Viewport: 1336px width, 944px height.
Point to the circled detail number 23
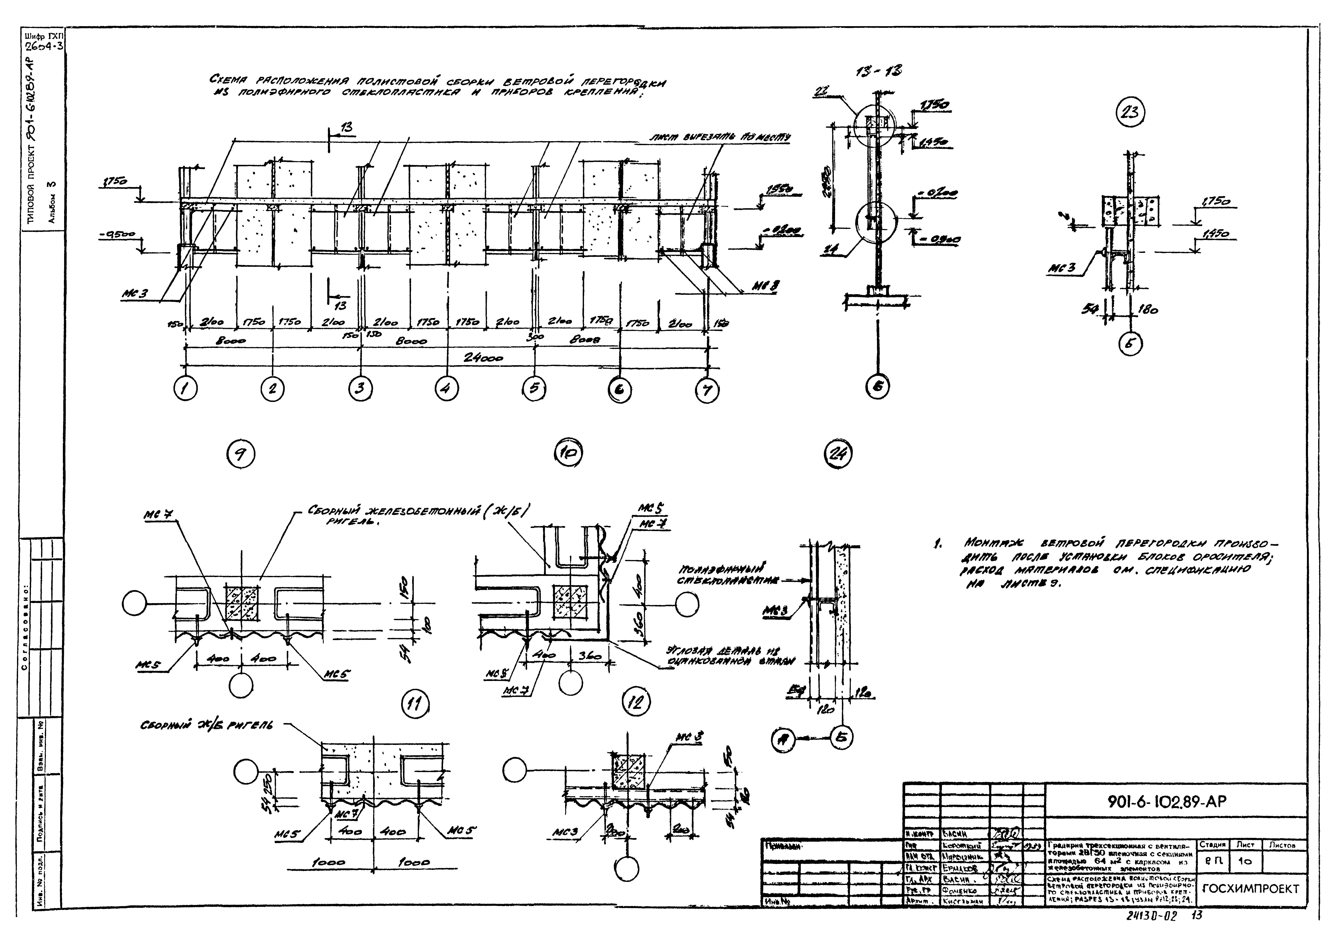[x=1130, y=112]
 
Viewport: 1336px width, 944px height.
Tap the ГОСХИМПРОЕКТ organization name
[x=1249, y=889]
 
